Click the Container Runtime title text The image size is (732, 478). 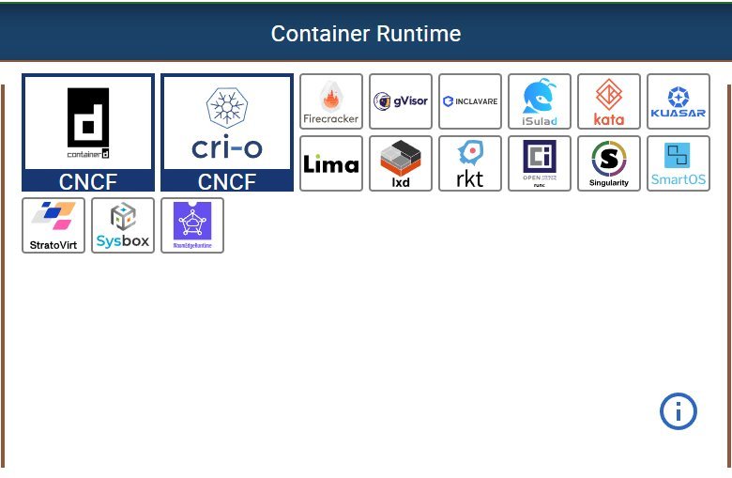366,34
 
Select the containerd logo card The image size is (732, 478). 88,123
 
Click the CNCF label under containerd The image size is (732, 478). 88,182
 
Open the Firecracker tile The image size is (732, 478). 331,101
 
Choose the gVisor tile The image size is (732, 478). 401,101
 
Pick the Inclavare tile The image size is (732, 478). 470,101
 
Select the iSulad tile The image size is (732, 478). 540,101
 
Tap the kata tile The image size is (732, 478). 609,101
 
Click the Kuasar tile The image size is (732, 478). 679,101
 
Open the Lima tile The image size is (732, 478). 331,163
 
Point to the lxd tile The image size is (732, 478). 401,163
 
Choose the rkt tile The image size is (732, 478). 470,163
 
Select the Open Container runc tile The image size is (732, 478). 540,163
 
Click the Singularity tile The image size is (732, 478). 609,163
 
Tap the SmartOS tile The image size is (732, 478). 679,163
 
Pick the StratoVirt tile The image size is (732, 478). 53,225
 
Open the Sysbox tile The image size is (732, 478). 123,225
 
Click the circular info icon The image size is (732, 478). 679,411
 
